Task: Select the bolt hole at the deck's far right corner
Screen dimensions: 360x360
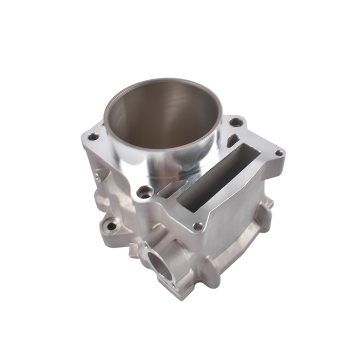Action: [x=279, y=154]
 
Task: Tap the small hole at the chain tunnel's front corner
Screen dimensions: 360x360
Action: [x=197, y=226]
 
